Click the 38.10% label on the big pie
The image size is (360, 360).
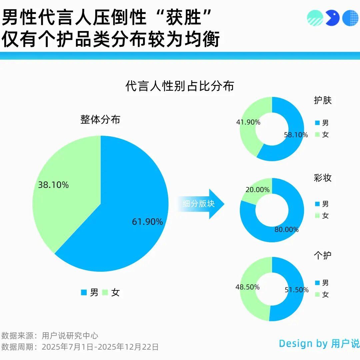(x=53, y=185)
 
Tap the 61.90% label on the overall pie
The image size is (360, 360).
(x=147, y=222)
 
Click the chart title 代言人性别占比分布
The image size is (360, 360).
(x=180, y=86)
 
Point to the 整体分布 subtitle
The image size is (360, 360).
(x=100, y=120)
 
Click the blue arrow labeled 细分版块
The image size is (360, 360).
(x=200, y=204)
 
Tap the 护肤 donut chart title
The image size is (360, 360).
(x=323, y=101)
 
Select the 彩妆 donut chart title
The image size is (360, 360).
(x=323, y=178)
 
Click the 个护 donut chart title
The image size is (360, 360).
(x=323, y=256)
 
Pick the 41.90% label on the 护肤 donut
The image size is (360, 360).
(x=248, y=122)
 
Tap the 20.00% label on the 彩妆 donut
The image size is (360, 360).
(x=257, y=190)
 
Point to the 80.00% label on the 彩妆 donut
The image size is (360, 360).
(x=287, y=230)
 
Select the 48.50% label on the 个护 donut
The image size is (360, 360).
(x=247, y=287)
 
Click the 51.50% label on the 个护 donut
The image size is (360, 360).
(x=297, y=290)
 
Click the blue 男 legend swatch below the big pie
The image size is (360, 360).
(x=84, y=293)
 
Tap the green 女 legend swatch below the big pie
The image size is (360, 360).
(x=105, y=293)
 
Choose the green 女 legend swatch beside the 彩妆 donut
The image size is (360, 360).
(x=317, y=216)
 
